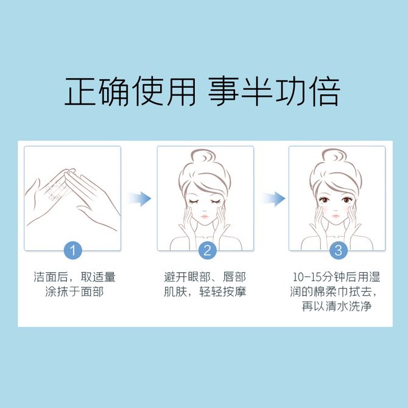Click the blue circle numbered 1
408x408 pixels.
pyautogui.click(x=73, y=250)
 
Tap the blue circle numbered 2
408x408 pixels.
pyautogui.click(x=208, y=250)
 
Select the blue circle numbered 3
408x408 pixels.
pyautogui.click(x=338, y=250)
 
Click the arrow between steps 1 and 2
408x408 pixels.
pyautogui.click(x=139, y=199)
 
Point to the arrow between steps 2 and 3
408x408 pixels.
pyautogui.click(x=274, y=199)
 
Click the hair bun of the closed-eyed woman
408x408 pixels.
pyautogui.click(x=203, y=156)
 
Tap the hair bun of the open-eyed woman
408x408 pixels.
pyautogui.click(x=334, y=156)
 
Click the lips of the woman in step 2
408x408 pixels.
pyautogui.click(x=204, y=216)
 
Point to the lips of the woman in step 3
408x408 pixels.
pyautogui.click(x=336, y=216)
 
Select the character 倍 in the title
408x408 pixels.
pyautogui.click(x=325, y=91)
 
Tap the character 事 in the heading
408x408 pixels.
pyautogui.click(x=223, y=91)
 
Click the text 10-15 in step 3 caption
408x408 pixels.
pyautogui.click(x=307, y=277)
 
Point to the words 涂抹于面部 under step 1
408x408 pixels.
pyautogui.click(x=74, y=292)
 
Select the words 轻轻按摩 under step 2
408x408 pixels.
pyautogui.click(x=223, y=292)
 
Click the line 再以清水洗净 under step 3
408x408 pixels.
pyautogui.click(x=337, y=306)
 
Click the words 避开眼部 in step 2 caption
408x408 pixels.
pyautogui.click(x=187, y=277)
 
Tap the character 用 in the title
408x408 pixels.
pyautogui.click(x=181, y=91)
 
